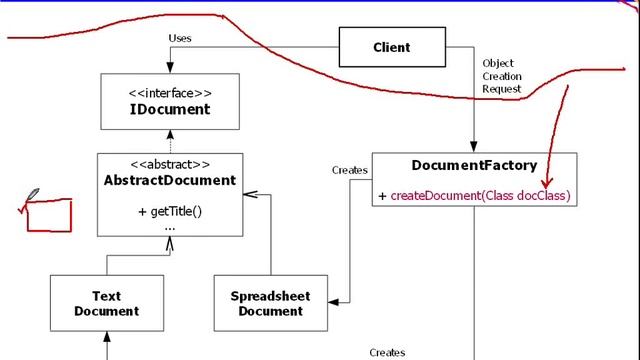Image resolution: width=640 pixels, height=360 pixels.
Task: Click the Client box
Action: pos(392,47)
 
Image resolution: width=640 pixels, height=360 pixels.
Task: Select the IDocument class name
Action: pos(170,109)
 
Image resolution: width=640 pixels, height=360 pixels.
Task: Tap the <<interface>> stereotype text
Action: pos(170,93)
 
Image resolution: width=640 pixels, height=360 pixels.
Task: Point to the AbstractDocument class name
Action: pos(170,181)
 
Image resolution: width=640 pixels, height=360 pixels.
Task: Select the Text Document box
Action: pos(106,304)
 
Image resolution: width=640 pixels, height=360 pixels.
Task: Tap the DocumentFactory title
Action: pos(474,166)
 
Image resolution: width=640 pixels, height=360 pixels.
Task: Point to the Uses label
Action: pos(181,39)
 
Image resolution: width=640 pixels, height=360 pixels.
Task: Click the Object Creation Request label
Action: pos(501,76)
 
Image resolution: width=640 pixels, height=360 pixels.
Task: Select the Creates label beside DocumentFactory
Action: pos(350,170)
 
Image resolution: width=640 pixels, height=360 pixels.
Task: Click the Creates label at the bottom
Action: pos(388,352)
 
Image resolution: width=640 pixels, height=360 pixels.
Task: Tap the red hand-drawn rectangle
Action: pos(49,215)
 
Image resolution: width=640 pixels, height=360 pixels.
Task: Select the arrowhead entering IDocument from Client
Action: pos(170,68)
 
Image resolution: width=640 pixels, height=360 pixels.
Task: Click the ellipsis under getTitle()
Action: pos(170,227)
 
